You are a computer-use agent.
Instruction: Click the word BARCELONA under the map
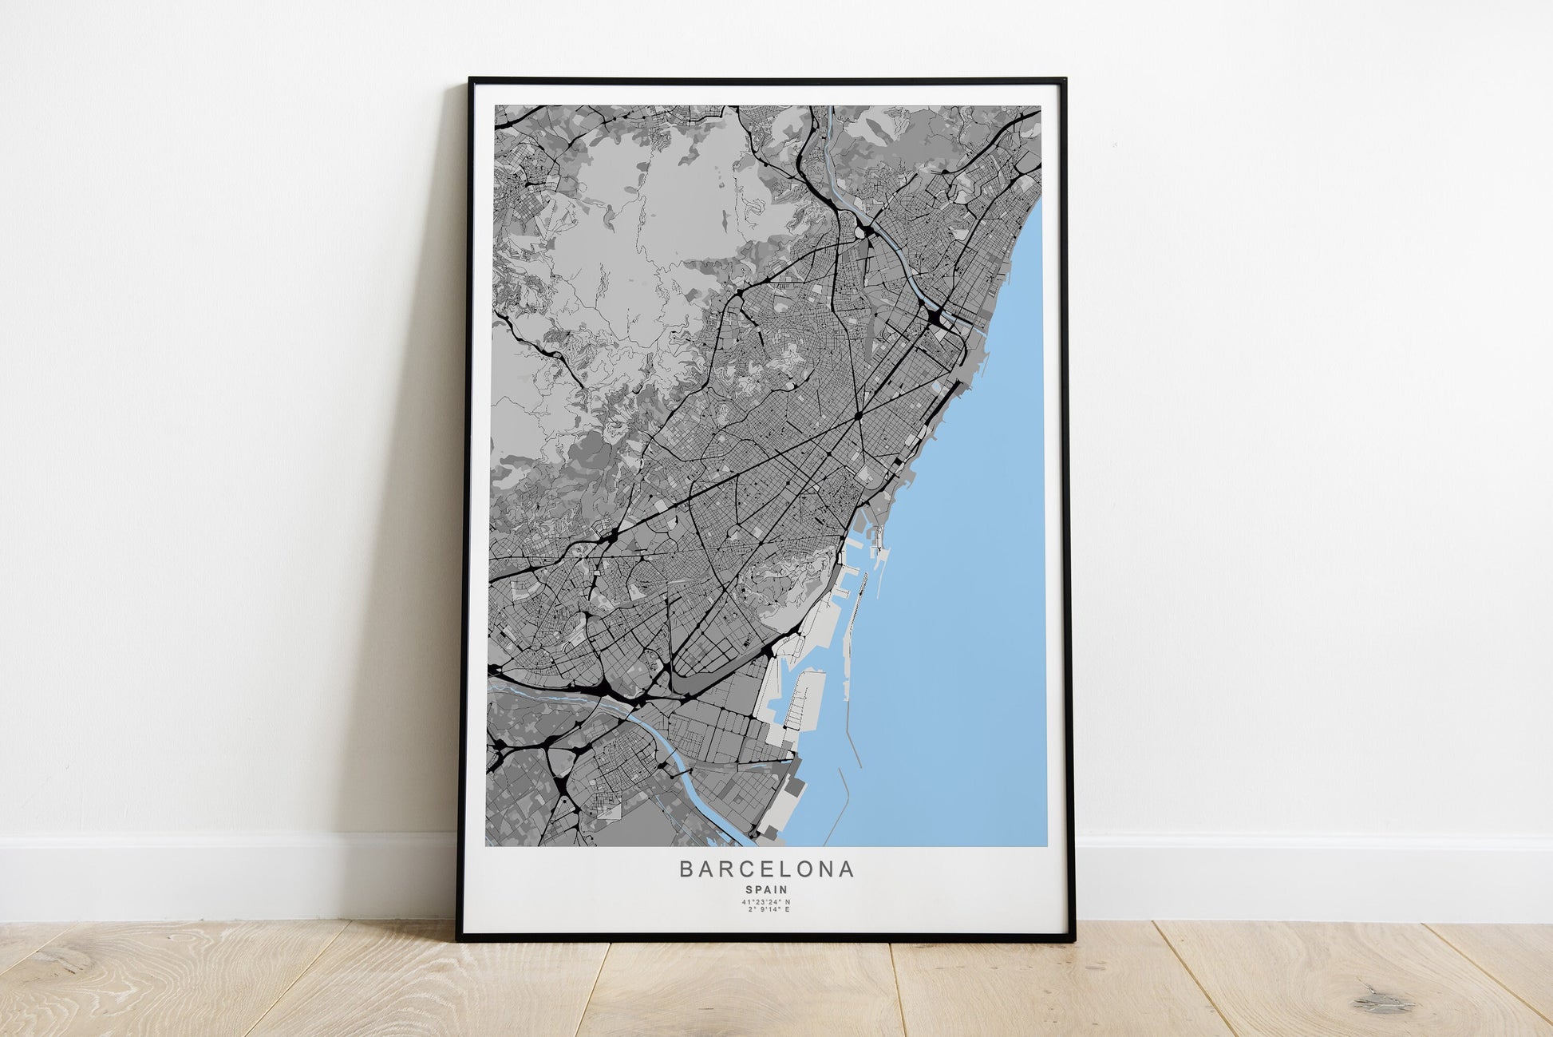click(x=766, y=869)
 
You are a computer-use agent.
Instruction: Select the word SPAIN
click(x=766, y=889)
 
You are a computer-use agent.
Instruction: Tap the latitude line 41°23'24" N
click(x=766, y=902)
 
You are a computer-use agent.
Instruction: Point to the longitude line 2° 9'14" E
click(x=766, y=909)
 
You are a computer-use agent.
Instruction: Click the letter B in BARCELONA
click(x=686, y=869)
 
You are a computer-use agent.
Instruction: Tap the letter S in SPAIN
click(x=749, y=889)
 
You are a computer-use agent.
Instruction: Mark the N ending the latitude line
click(x=788, y=902)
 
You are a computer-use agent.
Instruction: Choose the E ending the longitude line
click(x=787, y=909)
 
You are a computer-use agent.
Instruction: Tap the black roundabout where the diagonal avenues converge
click(x=858, y=416)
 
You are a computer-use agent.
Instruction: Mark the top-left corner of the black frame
click(x=471, y=79)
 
